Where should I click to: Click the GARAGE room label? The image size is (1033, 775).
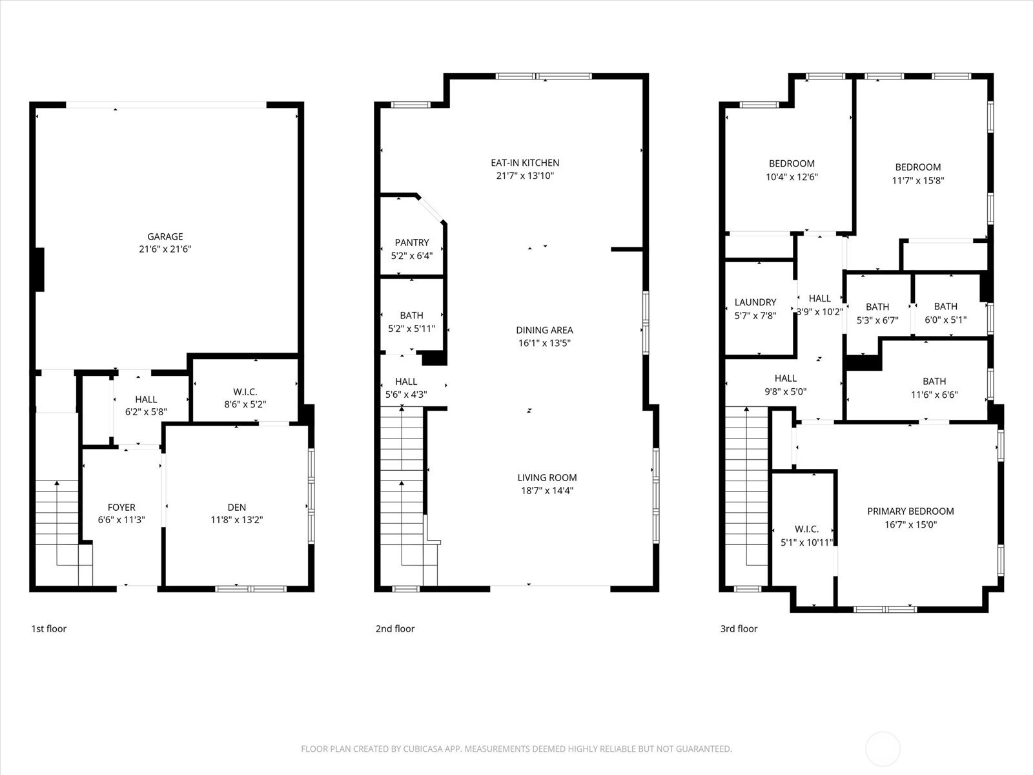pyautogui.click(x=165, y=236)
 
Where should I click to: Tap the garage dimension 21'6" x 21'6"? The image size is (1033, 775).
pyautogui.click(x=165, y=249)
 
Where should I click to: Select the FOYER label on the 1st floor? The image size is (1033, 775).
pyautogui.click(x=121, y=507)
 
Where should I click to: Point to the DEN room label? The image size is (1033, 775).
pyautogui.click(x=237, y=507)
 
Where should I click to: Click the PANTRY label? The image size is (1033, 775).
pyautogui.click(x=412, y=242)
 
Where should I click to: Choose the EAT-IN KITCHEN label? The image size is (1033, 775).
pyautogui.click(x=525, y=163)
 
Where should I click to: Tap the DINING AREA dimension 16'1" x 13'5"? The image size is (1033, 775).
pyautogui.click(x=544, y=343)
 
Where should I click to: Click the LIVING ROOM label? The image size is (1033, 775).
pyautogui.click(x=547, y=478)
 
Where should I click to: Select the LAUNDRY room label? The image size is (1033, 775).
pyautogui.click(x=755, y=302)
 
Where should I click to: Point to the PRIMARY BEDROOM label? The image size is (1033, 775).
pyautogui.click(x=910, y=511)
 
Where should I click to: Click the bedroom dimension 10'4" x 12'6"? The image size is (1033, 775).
pyautogui.click(x=792, y=177)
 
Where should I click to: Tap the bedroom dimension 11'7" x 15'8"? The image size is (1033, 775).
pyautogui.click(x=918, y=180)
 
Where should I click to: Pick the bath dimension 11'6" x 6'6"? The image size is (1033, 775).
pyautogui.click(x=934, y=395)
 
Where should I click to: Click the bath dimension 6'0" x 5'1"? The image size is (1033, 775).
pyautogui.click(x=945, y=320)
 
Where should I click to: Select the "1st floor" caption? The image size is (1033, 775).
pyautogui.click(x=49, y=628)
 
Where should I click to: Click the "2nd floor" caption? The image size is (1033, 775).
pyautogui.click(x=395, y=628)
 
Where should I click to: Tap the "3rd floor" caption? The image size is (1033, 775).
pyautogui.click(x=739, y=628)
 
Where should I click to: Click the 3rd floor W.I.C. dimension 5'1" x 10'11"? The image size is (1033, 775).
pyautogui.click(x=806, y=542)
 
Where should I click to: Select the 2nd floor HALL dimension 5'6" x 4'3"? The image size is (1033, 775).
pyautogui.click(x=406, y=395)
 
